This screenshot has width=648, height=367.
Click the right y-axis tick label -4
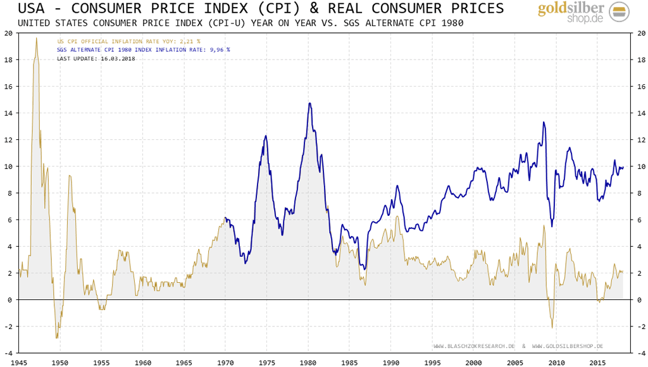(x=639, y=353)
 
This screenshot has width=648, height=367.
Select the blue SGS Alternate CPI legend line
(x=143, y=49)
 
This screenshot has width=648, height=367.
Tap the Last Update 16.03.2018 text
(x=96, y=58)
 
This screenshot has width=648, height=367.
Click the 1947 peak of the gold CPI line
(x=36, y=39)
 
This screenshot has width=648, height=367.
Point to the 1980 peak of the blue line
(x=309, y=103)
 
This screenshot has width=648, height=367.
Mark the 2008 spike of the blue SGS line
(x=543, y=123)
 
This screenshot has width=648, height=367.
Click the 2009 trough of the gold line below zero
(x=552, y=327)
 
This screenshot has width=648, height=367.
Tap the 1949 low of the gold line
(x=57, y=338)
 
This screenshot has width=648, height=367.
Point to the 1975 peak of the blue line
(x=266, y=136)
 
